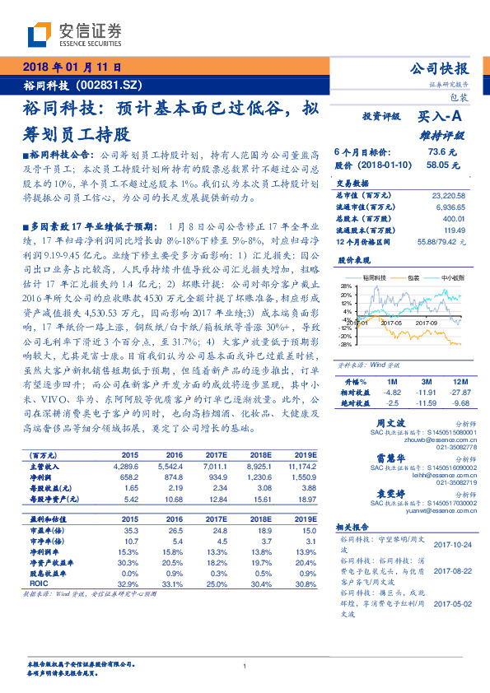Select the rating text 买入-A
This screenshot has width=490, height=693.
pyautogui.click(x=441, y=118)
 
